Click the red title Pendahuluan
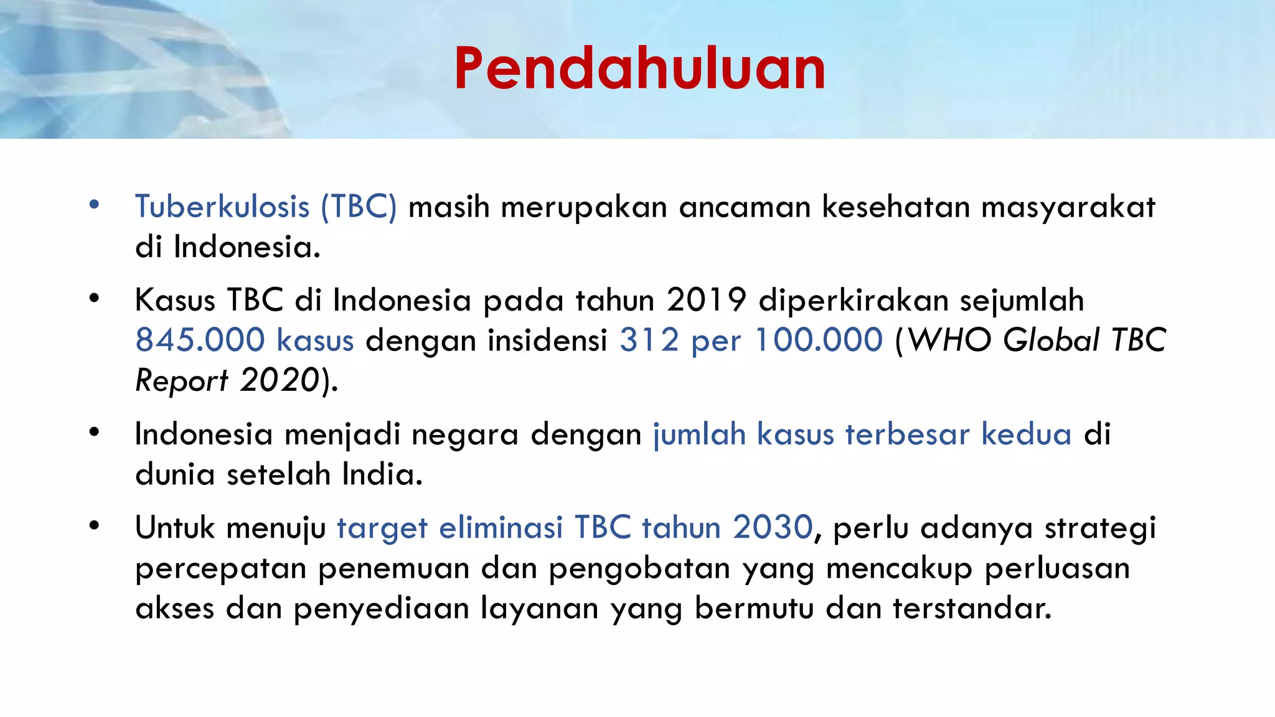[x=639, y=68]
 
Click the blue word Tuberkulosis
[x=222, y=207]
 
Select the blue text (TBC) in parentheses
[x=359, y=207]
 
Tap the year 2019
[x=706, y=300]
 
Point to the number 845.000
[x=200, y=340]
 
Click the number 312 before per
[x=649, y=340]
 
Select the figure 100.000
[x=819, y=340]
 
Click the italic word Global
[x=1052, y=340]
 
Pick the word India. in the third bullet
[x=382, y=474]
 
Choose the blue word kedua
[x=1026, y=434]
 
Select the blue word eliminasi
[x=501, y=527]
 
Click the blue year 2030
[x=773, y=527]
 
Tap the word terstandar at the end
[x=972, y=608]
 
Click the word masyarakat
[x=1068, y=208]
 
